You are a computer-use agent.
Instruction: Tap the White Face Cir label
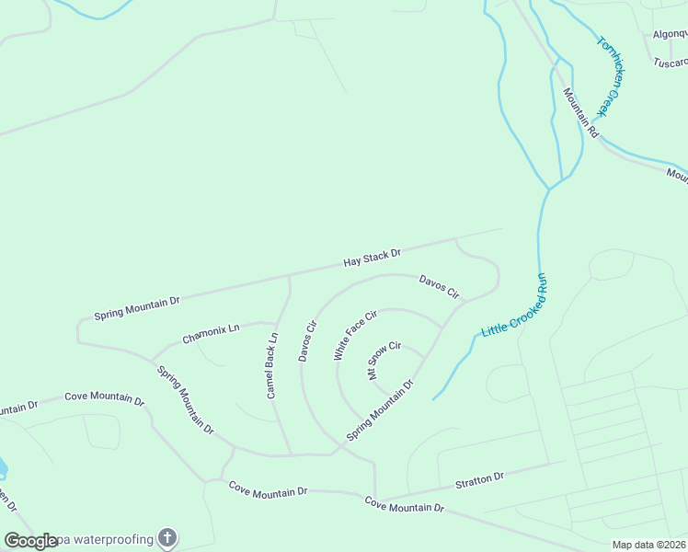pyautogui.click(x=355, y=335)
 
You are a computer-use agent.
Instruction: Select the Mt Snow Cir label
pyautogui.click(x=384, y=360)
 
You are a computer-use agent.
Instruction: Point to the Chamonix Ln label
pyautogui.click(x=211, y=333)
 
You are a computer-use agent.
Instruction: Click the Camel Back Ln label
pyautogui.click(x=272, y=365)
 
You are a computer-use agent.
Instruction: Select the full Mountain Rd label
pyautogui.click(x=581, y=112)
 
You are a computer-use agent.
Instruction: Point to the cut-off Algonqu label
pyautogui.click(x=670, y=34)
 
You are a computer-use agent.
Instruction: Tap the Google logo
pyautogui.click(x=30, y=540)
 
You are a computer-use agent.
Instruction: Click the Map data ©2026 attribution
pyautogui.click(x=648, y=545)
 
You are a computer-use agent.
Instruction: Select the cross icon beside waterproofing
pyautogui.click(x=166, y=537)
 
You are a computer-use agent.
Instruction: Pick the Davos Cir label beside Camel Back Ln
pyautogui.click(x=307, y=340)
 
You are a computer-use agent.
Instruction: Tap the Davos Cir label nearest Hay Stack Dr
pyautogui.click(x=439, y=286)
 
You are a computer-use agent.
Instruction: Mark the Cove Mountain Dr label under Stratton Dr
pyautogui.click(x=404, y=505)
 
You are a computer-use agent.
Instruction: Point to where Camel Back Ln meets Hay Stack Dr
pyautogui.click(x=290, y=275)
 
